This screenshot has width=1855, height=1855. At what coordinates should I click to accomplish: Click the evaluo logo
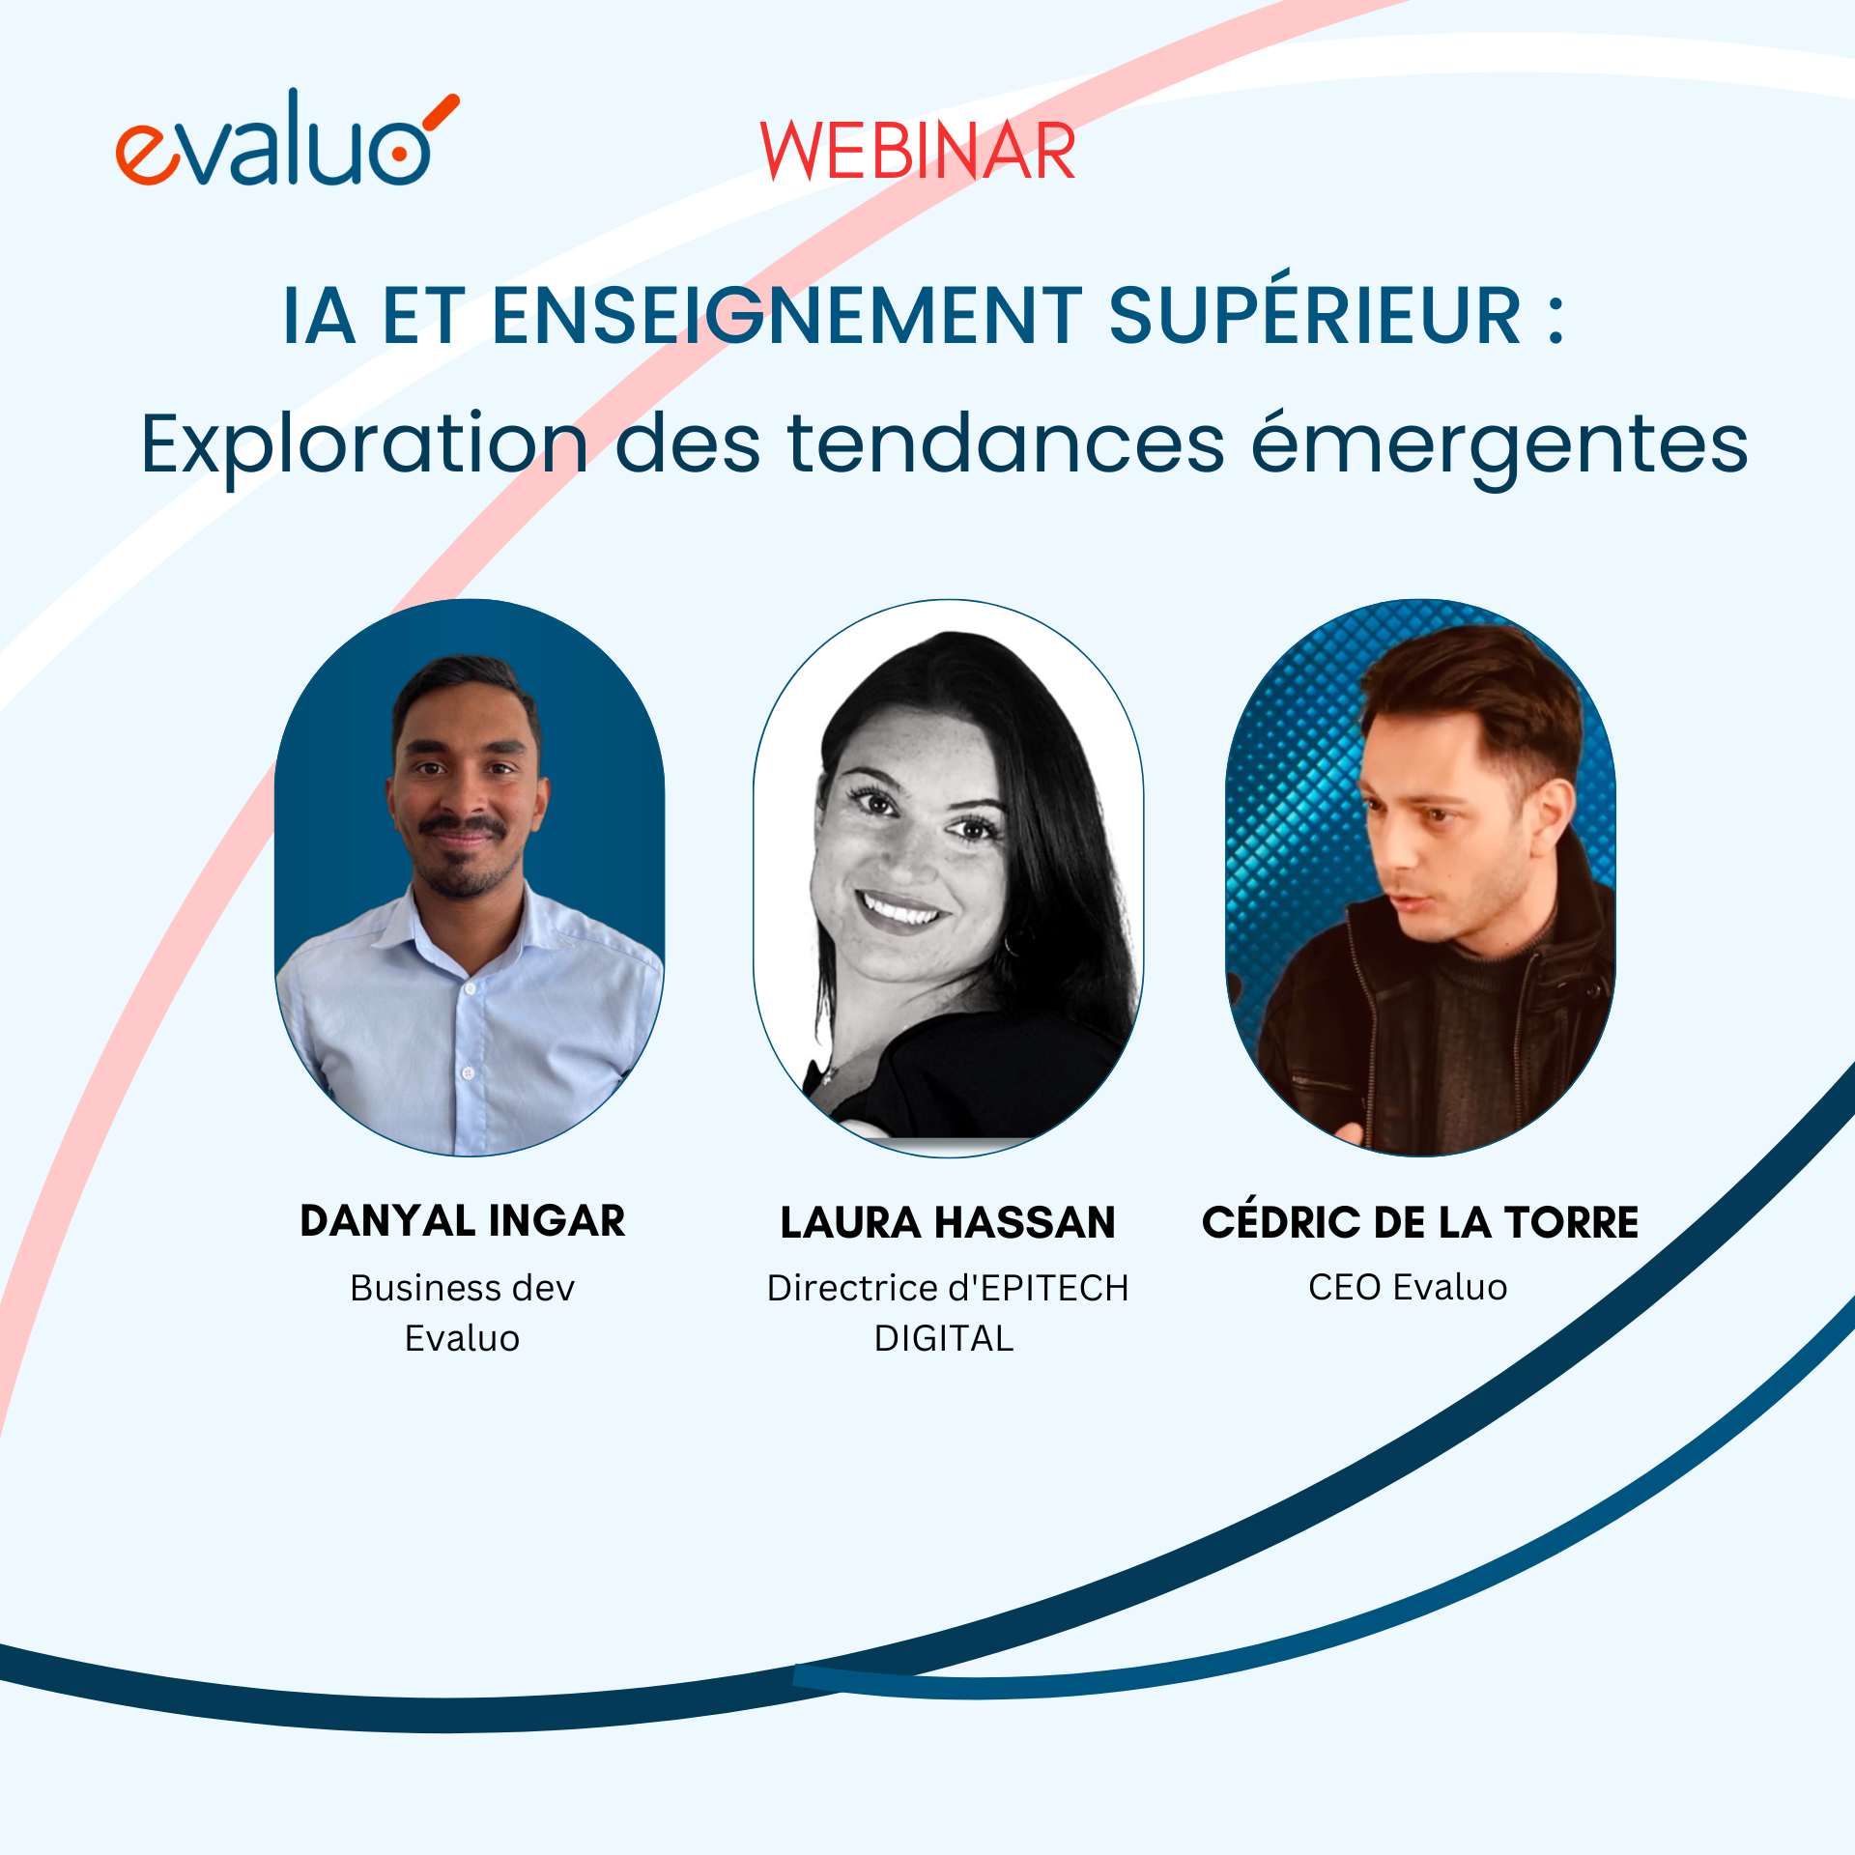(x=285, y=141)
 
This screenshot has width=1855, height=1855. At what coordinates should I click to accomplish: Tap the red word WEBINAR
(x=918, y=152)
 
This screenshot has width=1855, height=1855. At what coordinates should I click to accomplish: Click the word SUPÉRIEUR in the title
(x=1315, y=316)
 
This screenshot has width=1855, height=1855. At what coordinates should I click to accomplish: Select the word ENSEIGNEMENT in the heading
(x=786, y=316)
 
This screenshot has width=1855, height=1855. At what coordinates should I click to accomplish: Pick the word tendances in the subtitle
(x=1006, y=444)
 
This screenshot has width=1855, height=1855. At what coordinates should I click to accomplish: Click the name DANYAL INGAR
(x=463, y=1221)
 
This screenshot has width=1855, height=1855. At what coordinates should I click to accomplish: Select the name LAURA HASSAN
(x=948, y=1223)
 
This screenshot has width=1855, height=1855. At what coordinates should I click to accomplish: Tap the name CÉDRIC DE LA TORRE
(x=1419, y=1223)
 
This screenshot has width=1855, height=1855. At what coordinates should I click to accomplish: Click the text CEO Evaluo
(x=1408, y=1288)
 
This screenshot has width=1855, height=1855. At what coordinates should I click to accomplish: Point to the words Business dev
(x=463, y=1289)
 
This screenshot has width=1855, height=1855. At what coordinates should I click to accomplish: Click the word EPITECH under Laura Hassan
(x=1054, y=1289)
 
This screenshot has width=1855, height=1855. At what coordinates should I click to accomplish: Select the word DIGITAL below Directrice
(x=944, y=1339)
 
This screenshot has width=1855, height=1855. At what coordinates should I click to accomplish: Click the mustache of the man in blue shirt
(x=463, y=827)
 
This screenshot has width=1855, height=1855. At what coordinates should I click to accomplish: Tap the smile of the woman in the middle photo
(x=899, y=908)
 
